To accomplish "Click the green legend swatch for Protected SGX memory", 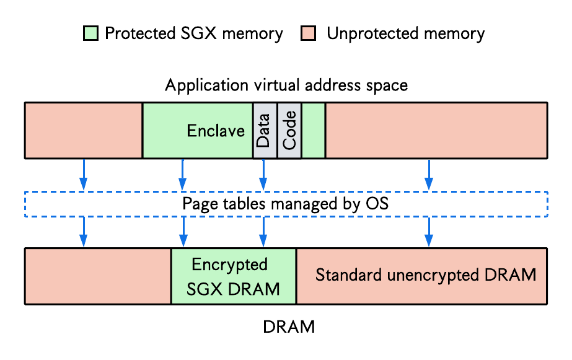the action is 90,33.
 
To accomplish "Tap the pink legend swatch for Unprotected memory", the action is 308,33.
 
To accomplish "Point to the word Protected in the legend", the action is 140,33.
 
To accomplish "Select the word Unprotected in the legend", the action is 372,33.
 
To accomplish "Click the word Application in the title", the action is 207,86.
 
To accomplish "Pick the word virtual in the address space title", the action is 277,86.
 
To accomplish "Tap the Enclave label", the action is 216,131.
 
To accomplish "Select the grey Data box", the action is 265,131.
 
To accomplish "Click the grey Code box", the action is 289,131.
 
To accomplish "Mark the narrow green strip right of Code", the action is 314,131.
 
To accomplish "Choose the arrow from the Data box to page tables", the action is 263,174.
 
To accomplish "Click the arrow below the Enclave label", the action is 183,174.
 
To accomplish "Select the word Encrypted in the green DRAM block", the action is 230,265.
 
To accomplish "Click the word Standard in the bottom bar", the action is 349,274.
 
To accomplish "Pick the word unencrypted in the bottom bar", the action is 433,275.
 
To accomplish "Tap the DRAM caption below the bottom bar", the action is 289,327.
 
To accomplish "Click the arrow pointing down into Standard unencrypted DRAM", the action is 429,232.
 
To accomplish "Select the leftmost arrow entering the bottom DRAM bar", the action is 84,232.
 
